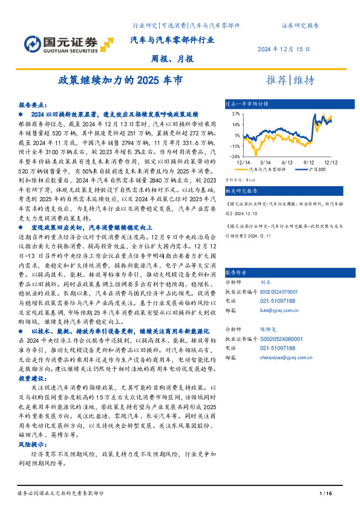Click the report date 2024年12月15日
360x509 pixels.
(284, 49)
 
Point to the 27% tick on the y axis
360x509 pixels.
(235, 114)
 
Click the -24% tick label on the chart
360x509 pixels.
(234, 155)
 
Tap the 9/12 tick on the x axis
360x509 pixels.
(308, 162)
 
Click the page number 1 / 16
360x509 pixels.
(326, 494)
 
